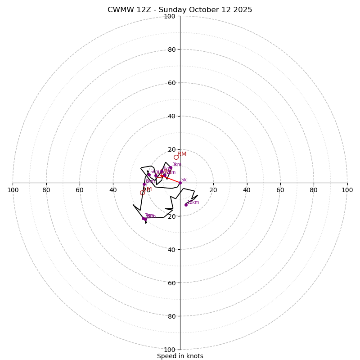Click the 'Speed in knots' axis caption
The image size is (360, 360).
coord(180,356)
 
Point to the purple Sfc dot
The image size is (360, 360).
coord(180,183)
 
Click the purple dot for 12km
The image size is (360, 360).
coord(186,205)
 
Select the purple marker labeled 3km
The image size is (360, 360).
coord(171,168)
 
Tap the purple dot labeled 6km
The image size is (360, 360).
coord(144,184)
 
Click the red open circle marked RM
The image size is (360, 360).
coord(176,157)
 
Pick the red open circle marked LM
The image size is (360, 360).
coord(142,193)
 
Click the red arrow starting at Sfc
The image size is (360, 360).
coord(171,180)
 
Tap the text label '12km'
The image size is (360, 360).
coord(193,202)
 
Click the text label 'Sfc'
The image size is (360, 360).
coord(184,180)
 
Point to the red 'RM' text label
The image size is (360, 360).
coord(182,154)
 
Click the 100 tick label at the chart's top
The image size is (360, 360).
coord(170,16)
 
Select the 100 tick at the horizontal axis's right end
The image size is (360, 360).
coord(347,190)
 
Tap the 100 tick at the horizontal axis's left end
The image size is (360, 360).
coord(13,190)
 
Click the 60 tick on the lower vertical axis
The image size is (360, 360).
coord(170,283)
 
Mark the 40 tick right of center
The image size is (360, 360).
coord(247,190)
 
